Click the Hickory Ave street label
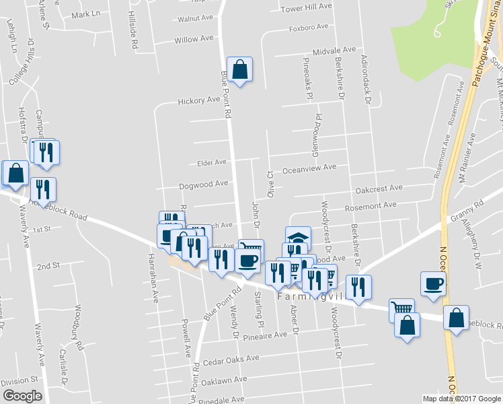[x=199, y=101]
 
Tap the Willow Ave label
[x=196, y=40]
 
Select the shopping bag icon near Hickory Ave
[x=239, y=69]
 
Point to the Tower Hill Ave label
[x=307, y=7]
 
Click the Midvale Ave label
[x=334, y=50]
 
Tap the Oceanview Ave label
[x=309, y=168]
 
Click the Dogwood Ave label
[x=204, y=184]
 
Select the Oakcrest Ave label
[x=379, y=189]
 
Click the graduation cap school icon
[x=298, y=237]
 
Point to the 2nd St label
[x=48, y=267]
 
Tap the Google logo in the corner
[x=22, y=396]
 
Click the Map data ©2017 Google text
[x=461, y=399]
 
